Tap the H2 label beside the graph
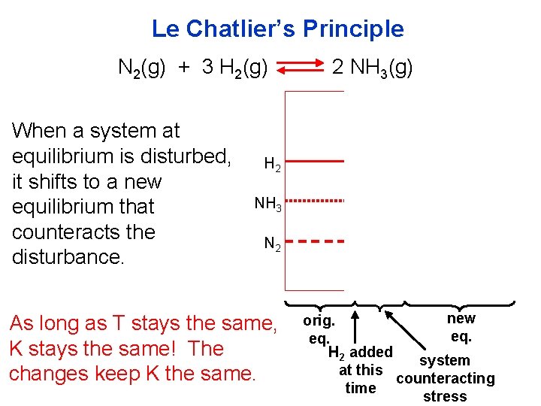point(273,165)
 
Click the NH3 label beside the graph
point(268,204)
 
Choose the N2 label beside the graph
point(273,244)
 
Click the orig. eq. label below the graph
point(319,329)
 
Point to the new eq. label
point(461,326)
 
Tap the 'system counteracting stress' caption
point(445,378)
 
